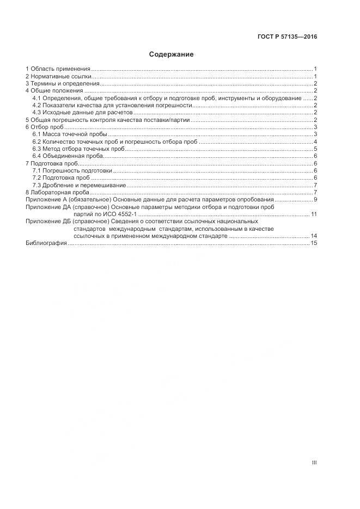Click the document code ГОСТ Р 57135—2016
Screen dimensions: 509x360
(287, 38)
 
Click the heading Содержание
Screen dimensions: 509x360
(171, 54)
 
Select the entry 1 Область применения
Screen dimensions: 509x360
(58, 69)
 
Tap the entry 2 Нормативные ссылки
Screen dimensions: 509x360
(58, 77)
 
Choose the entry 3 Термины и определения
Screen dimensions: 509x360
(62, 84)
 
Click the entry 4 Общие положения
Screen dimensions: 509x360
(55, 91)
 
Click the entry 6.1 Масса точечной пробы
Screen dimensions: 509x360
(70, 134)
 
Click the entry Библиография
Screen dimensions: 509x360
(46, 243)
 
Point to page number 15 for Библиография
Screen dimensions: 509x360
(314, 243)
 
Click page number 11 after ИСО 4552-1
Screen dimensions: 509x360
(314, 214)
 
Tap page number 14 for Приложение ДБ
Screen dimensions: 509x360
(314, 236)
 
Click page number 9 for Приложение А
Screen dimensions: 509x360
(315, 200)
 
